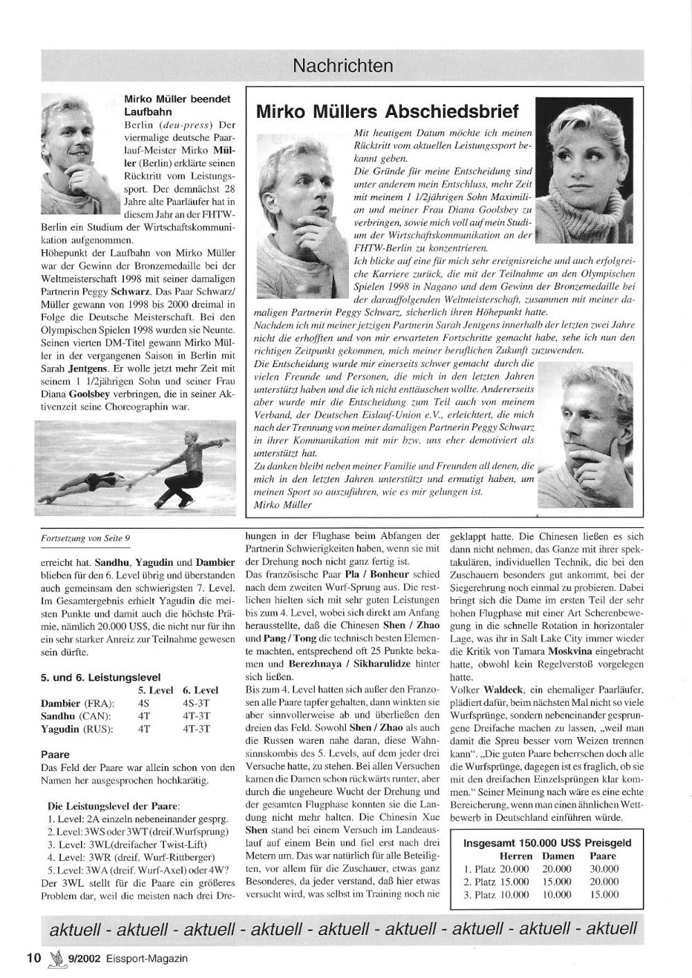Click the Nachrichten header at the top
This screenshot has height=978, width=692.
[x=343, y=66]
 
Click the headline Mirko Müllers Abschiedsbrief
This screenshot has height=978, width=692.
[x=387, y=112]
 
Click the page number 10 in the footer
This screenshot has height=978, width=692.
[x=33, y=958]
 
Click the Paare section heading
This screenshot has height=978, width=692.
[x=56, y=754]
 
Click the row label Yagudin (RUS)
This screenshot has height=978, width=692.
[x=77, y=729]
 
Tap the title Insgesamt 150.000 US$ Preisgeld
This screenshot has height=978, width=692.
[x=547, y=843]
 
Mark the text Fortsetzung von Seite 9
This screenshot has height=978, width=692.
[x=86, y=537]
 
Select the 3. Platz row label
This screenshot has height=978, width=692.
[x=478, y=894]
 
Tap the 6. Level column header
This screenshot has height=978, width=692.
[x=200, y=690]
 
